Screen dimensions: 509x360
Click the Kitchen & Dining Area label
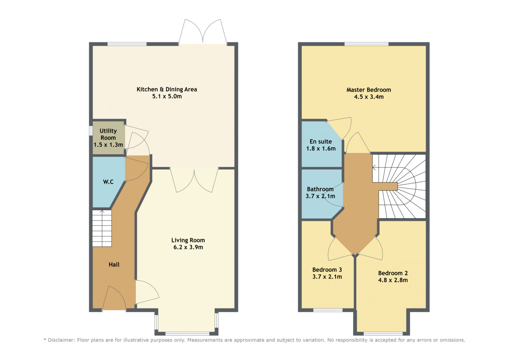pos(167,89)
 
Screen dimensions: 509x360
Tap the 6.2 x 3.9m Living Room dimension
pos(188,247)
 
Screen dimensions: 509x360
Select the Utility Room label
pos(108,134)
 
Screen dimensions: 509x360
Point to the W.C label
pos(108,182)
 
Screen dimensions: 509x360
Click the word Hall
pos(114,265)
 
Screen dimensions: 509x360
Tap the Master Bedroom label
pos(369,90)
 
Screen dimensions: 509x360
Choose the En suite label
pos(321,141)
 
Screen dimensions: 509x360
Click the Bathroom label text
pos(320,189)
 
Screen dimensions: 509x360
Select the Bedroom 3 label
pos(327,270)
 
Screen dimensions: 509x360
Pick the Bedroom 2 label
pos(393,273)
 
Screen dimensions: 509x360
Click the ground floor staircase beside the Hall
pos(102,228)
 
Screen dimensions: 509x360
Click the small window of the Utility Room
pos(90,131)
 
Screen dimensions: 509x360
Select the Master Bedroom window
pos(366,44)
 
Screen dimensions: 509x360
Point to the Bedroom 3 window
pos(328,310)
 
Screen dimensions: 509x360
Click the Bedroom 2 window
pos(383,334)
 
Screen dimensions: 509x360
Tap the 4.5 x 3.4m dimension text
pos(369,97)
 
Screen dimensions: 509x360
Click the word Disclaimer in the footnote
pos(61,340)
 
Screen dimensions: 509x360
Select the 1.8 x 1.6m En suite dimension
pos(321,149)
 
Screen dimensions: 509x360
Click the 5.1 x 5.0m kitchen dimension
pos(167,96)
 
